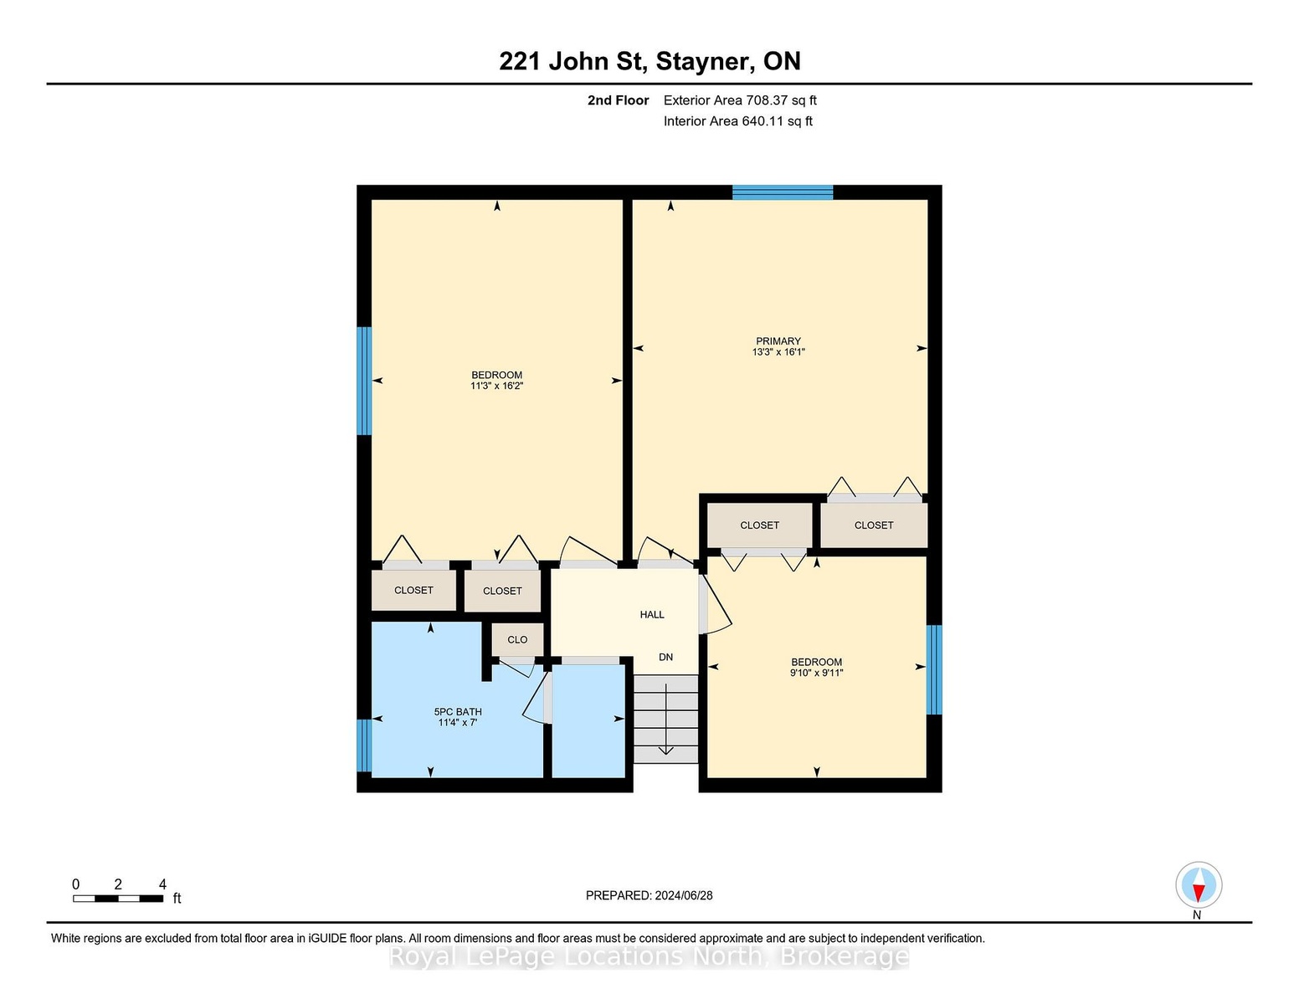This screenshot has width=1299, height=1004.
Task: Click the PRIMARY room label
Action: point(778,341)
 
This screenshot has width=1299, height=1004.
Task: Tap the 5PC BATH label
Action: point(458,712)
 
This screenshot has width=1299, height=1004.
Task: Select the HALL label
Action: point(651,615)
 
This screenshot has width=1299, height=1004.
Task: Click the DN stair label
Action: point(666,657)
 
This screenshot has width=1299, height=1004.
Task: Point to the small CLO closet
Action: point(518,640)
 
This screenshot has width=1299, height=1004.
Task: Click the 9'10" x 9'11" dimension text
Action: point(817,673)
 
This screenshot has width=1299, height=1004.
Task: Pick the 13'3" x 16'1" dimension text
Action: point(778,351)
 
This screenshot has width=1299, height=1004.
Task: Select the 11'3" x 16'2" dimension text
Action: point(497,386)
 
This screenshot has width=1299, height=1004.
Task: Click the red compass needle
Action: point(1199,893)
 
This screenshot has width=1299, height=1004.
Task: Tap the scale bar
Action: point(118,899)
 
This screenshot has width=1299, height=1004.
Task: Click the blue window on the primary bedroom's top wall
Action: point(783,192)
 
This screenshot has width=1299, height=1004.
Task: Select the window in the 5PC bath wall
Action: point(364,745)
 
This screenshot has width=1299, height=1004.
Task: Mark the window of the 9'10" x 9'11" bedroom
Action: point(934,669)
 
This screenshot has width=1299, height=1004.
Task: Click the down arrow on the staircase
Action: point(666,720)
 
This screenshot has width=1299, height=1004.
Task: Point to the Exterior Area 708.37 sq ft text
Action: point(740,100)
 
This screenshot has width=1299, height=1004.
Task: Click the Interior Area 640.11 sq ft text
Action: point(738,121)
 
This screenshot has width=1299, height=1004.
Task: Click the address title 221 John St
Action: point(573,62)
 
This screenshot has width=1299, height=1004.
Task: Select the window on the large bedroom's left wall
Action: point(364,381)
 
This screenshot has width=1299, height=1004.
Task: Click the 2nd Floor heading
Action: point(619,100)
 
